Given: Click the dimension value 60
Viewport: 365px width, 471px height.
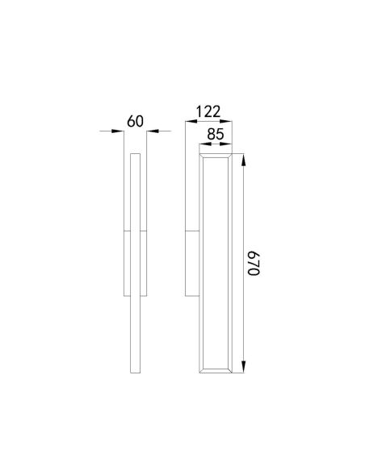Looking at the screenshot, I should coord(135,122).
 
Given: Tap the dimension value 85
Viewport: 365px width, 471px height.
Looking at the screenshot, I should coord(215,135).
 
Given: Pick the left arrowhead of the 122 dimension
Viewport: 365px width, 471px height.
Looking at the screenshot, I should coord(189,121).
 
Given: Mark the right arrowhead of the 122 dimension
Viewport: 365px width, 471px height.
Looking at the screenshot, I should coord(231,121).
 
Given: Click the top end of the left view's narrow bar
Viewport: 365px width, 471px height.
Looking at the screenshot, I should coord(135,152).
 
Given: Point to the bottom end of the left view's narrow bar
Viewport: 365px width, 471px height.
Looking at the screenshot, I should coord(135,370).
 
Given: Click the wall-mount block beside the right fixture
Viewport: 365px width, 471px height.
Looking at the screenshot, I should coord(192,262).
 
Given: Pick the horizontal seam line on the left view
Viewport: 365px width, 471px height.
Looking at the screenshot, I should coord(133,232).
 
